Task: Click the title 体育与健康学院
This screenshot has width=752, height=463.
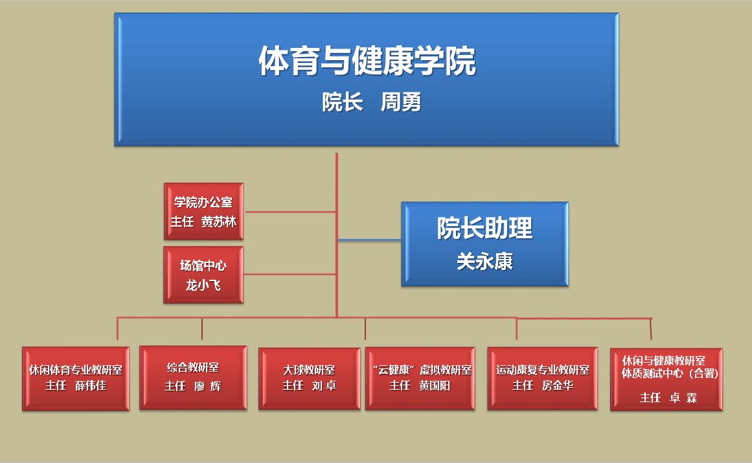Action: pyautogui.click(x=367, y=62)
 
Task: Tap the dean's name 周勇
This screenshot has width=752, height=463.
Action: pyautogui.click(x=401, y=102)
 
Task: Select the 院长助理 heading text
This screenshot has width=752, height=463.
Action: pyautogui.click(x=484, y=228)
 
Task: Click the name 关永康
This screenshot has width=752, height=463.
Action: pyautogui.click(x=484, y=261)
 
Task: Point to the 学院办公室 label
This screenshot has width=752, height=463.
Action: pyautogui.click(x=203, y=203)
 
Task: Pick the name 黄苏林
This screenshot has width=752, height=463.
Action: pyautogui.click(x=218, y=221)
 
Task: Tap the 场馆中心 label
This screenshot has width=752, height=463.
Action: pyautogui.click(x=203, y=265)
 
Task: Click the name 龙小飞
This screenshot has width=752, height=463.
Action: pyautogui.click(x=203, y=284)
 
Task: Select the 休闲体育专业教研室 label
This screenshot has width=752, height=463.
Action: pyautogui.click(x=76, y=370)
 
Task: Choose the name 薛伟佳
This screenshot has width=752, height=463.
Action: pyautogui.click(x=91, y=386)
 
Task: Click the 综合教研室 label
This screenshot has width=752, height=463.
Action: pyautogui.click(x=193, y=368)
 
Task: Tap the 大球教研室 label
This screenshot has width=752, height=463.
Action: pyautogui.click(x=309, y=370)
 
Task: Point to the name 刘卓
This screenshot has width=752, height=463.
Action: pyautogui.click(x=324, y=386)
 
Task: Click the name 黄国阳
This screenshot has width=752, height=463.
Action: pyautogui.click(x=434, y=386)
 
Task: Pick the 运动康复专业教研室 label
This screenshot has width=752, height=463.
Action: pyautogui.click(x=543, y=370)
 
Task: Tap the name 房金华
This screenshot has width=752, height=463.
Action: pyautogui.click(x=558, y=386)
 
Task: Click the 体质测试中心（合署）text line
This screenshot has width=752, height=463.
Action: pyautogui.click(x=670, y=374)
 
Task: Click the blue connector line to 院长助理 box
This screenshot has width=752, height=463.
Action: pyautogui.click(x=369, y=240)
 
